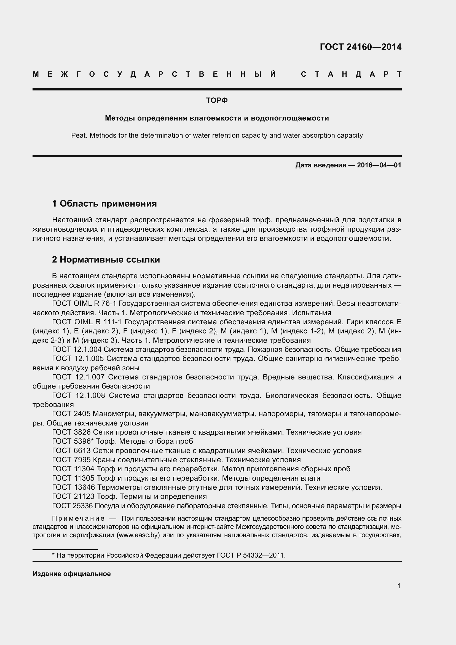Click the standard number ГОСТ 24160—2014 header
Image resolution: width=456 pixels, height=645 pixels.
360,47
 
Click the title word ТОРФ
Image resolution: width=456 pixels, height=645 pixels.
217,100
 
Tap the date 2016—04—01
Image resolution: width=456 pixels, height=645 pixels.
379,165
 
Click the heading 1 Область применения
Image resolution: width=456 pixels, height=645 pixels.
104,204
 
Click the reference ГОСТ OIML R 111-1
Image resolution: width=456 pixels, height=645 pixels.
87,322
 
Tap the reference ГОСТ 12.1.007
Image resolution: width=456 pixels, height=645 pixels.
78,377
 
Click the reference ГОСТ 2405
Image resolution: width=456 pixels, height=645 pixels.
71,414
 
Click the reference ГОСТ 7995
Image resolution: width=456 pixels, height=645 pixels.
71,460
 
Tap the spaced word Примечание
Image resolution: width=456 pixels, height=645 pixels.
78,518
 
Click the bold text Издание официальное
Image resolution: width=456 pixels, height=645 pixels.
72,574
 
